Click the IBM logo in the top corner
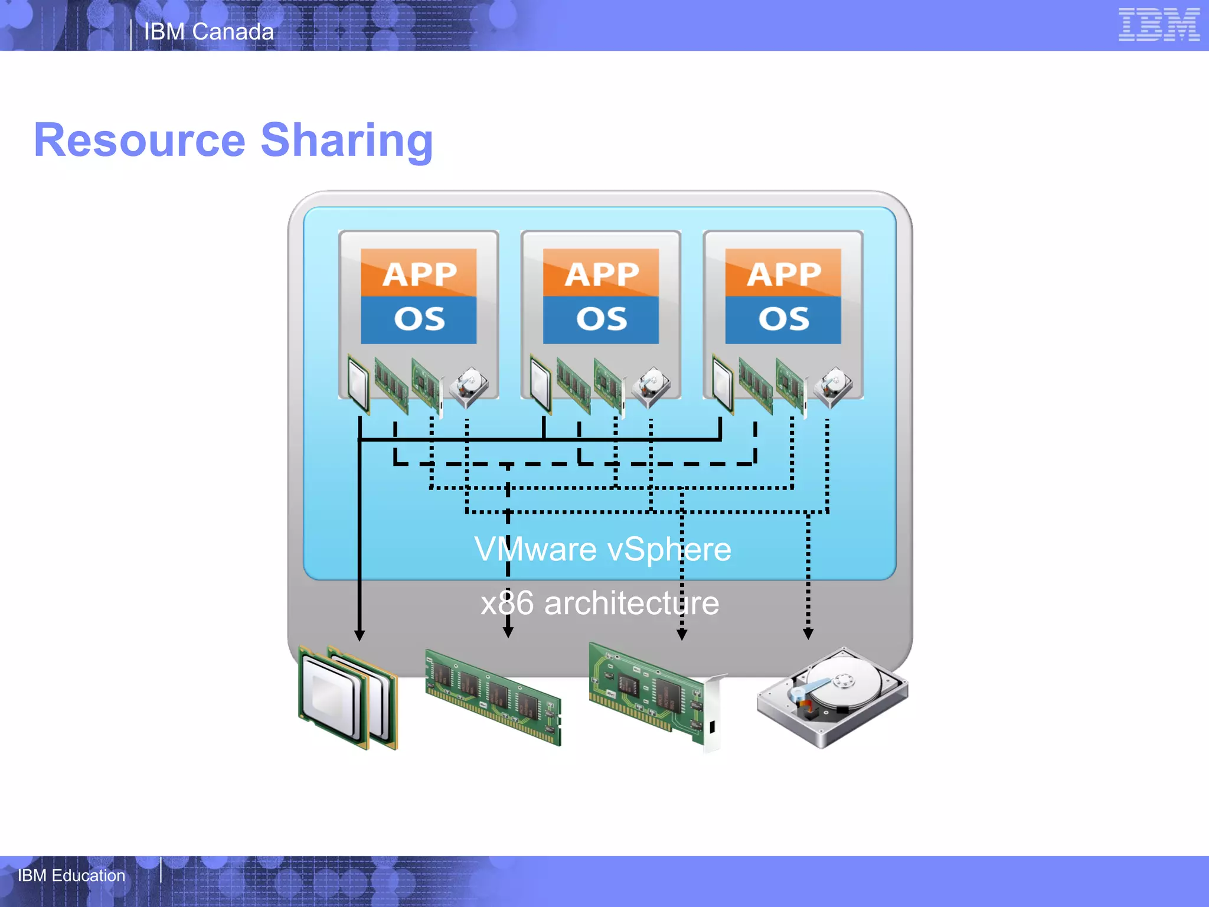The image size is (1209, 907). (x=1158, y=25)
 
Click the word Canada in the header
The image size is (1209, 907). (x=233, y=32)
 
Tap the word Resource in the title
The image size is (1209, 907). (x=139, y=141)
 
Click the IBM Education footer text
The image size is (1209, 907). (x=71, y=875)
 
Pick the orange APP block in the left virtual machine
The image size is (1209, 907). (x=419, y=273)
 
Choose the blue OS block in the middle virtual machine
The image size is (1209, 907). (x=601, y=320)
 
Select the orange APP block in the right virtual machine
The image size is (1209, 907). (x=783, y=273)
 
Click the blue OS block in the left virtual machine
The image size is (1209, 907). (x=419, y=320)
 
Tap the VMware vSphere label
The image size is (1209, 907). (x=602, y=549)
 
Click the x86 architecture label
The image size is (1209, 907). (x=600, y=603)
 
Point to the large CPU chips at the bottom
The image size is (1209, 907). (x=348, y=698)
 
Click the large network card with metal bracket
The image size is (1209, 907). (x=655, y=697)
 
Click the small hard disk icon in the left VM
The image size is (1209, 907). (x=469, y=387)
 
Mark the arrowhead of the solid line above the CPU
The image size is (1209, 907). (x=360, y=635)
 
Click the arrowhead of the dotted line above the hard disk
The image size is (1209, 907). (x=808, y=634)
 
